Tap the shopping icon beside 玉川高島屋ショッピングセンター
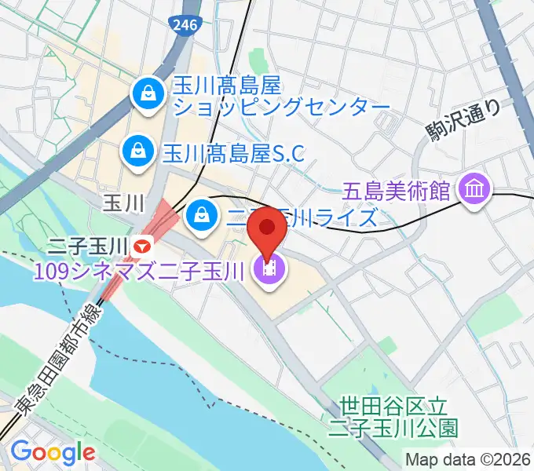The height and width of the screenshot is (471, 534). coord(147,93)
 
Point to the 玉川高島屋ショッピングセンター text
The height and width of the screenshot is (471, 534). coord(281,95)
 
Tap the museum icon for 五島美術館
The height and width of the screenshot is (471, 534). coord(476,189)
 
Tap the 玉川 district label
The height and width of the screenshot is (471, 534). coord(123,203)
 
